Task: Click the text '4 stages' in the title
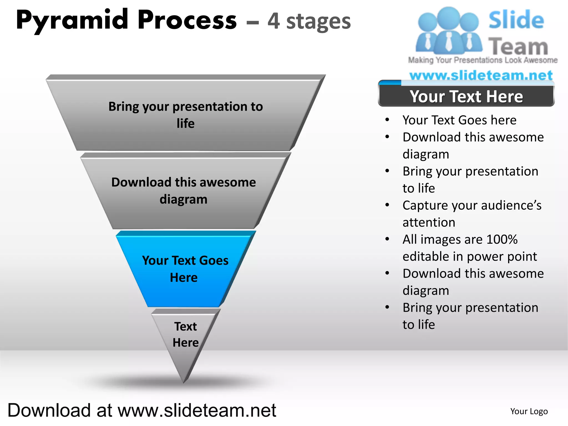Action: (309, 21)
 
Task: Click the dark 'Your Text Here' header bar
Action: (466, 96)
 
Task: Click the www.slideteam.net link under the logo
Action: (481, 75)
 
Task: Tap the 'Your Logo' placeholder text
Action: (529, 411)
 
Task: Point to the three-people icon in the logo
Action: (448, 31)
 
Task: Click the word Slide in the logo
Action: (516, 20)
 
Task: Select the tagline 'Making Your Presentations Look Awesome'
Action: (483, 60)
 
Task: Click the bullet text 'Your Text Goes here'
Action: (459, 120)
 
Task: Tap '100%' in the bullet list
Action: (502, 239)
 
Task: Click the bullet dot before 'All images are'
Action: (387, 239)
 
